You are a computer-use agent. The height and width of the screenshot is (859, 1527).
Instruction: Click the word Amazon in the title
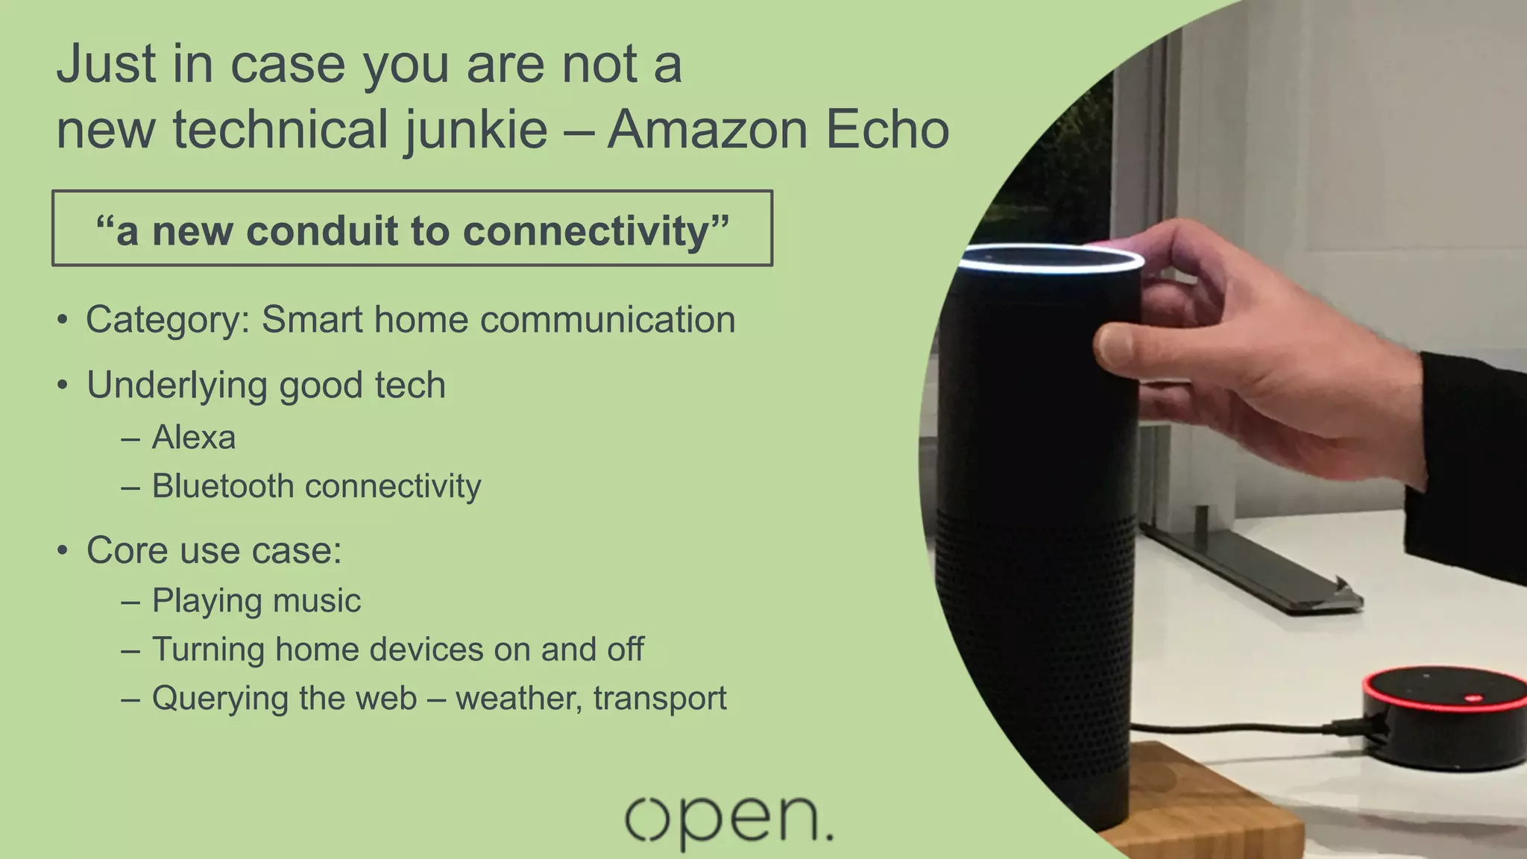(x=707, y=130)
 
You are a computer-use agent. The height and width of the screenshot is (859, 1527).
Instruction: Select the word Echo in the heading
(x=887, y=130)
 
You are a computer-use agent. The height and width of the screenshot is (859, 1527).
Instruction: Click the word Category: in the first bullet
(x=168, y=321)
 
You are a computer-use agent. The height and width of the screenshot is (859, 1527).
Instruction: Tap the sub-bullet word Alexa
(x=194, y=438)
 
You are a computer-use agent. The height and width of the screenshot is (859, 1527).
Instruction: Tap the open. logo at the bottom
(x=728, y=821)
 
